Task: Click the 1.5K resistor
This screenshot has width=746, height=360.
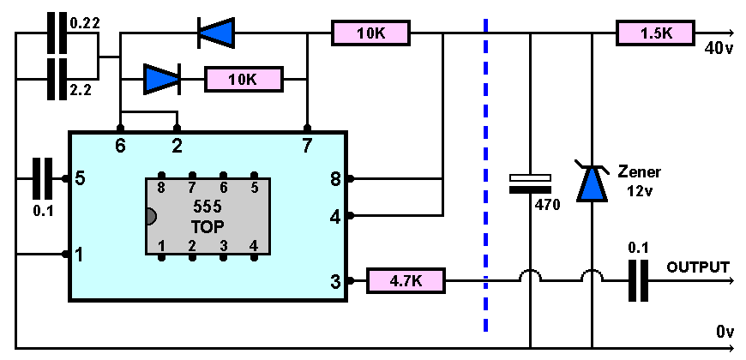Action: (656, 33)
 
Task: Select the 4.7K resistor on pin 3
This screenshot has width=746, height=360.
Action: (406, 280)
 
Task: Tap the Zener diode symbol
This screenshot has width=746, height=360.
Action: (592, 181)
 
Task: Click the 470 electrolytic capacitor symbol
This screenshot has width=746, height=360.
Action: (530, 183)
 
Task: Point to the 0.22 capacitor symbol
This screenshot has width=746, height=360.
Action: (57, 33)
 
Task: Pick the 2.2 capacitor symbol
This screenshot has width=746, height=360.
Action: (57, 79)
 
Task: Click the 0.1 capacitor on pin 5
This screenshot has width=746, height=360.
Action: (42, 179)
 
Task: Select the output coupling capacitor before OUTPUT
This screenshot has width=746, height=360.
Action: (638, 280)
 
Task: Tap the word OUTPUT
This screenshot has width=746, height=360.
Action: (697, 267)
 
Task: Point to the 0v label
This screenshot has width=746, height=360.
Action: (725, 332)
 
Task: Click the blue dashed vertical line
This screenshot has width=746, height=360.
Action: (485, 175)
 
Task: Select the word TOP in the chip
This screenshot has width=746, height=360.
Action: (208, 227)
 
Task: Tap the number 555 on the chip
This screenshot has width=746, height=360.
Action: (208, 207)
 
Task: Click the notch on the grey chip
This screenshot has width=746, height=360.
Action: (150, 216)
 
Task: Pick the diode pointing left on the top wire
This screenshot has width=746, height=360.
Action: (216, 33)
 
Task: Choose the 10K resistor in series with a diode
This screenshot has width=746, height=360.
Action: (244, 79)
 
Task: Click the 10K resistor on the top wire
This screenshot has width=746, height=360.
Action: (370, 33)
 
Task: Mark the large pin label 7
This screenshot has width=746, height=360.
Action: (307, 147)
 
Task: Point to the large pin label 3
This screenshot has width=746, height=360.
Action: (336, 282)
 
